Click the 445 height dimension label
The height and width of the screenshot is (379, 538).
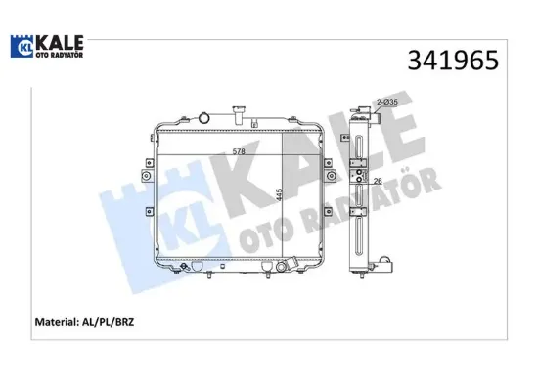(281, 195)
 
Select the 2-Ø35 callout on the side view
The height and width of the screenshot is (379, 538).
(386, 103)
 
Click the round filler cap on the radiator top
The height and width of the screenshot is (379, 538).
(203, 117)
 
